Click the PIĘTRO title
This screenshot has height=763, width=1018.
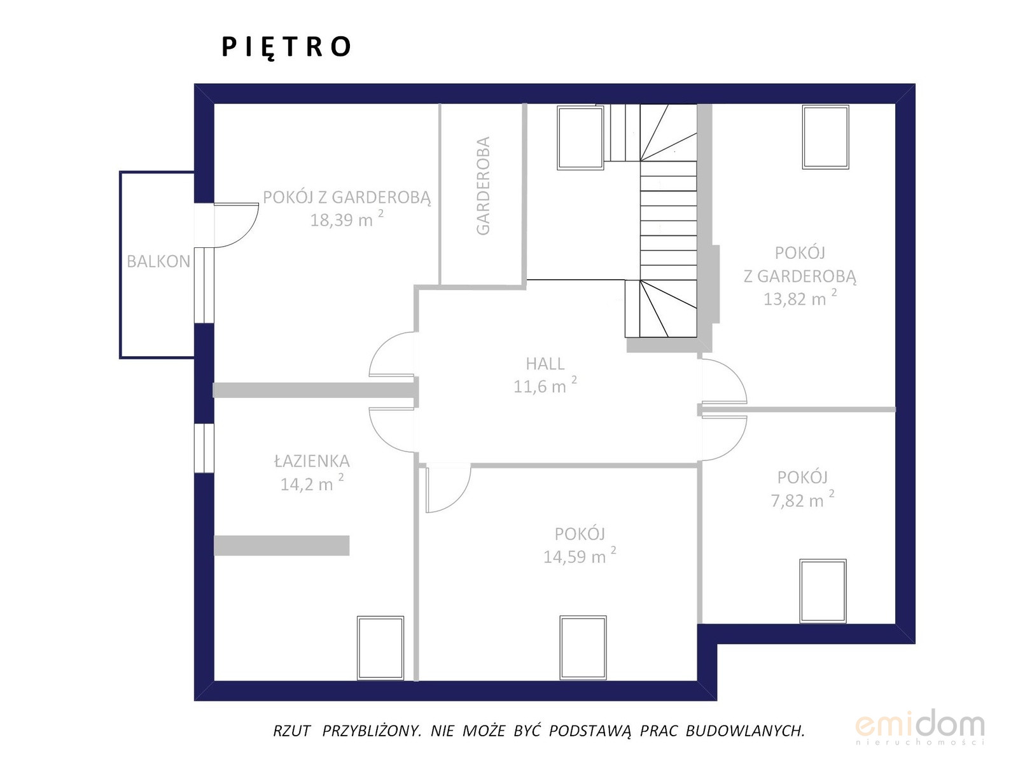pyautogui.click(x=286, y=48)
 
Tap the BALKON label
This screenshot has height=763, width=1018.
pyautogui.click(x=158, y=262)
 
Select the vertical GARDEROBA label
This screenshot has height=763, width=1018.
pyautogui.click(x=483, y=186)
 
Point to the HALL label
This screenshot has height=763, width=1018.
pyautogui.click(x=545, y=364)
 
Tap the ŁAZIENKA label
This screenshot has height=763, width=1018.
pyautogui.click(x=312, y=462)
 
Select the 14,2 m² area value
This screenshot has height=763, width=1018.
pyautogui.click(x=312, y=483)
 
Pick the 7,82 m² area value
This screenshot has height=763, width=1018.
pyautogui.click(x=802, y=499)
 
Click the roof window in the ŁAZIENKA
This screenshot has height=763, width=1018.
pyautogui.click(x=380, y=648)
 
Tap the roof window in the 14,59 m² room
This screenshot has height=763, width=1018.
pyautogui.click(x=583, y=647)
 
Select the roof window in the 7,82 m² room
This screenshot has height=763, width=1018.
pyautogui.click(x=823, y=591)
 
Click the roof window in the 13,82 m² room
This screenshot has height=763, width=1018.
pyautogui.click(x=825, y=137)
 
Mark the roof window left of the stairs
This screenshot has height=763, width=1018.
pyautogui.click(x=580, y=138)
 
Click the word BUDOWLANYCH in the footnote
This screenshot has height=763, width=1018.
pyautogui.click(x=745, y=731)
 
